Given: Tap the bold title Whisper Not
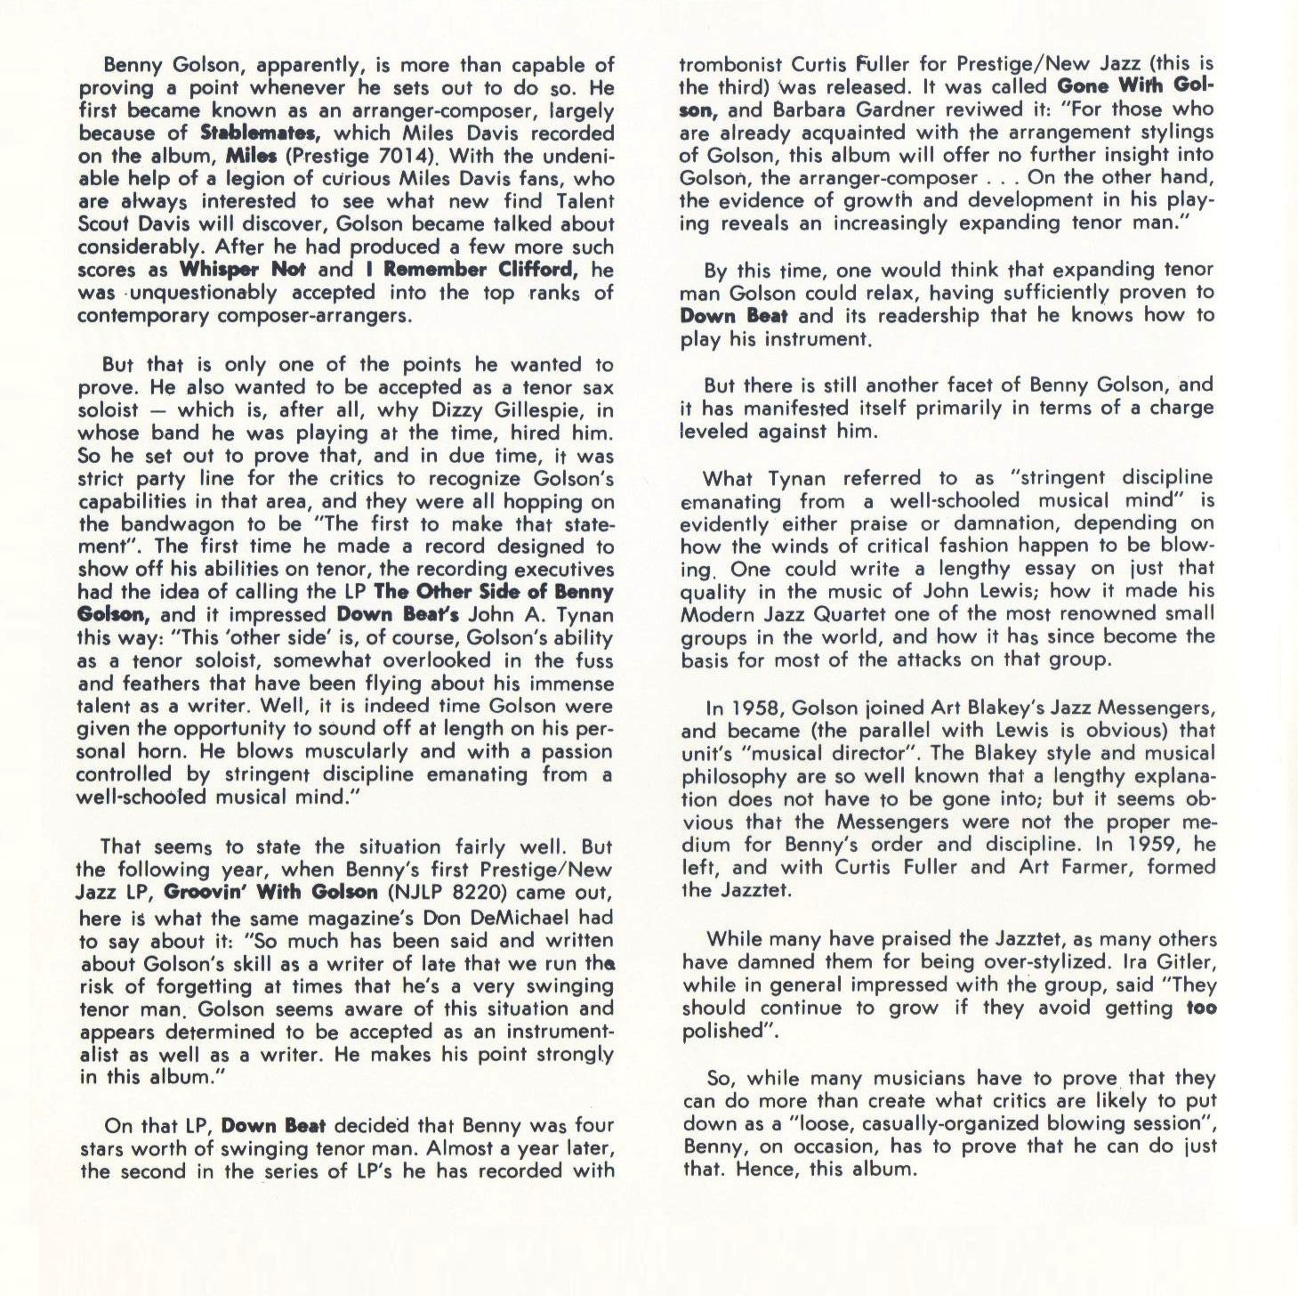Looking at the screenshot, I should coord(243,270).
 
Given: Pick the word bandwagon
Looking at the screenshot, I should coord(168,524).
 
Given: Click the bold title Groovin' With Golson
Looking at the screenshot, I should coord(271,893).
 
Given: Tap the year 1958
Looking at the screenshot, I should coord(754,709).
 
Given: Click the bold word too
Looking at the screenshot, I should coord(1201,1008).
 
